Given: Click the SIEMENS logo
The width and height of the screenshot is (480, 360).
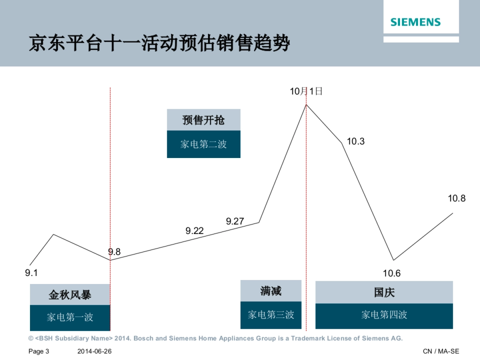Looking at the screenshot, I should tap(415, 22).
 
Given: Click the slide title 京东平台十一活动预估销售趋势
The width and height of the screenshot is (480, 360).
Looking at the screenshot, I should tap(159, 44).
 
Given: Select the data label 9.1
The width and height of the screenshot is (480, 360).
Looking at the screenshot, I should tap(31, 273).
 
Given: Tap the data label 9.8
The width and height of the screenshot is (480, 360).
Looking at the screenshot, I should tap(114, 252).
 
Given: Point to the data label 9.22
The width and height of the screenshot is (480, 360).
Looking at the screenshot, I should tap(194, 230).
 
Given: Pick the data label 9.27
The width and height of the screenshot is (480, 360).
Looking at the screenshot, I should tap(235, 221).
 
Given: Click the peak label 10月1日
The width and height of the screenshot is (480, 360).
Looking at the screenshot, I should tap(306, 91).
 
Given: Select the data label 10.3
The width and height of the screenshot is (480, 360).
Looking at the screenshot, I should tap(356, 141).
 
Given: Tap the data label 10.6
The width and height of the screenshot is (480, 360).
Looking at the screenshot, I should tap(392, 274).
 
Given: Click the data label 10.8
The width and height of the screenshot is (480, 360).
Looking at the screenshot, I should tap(456, 198).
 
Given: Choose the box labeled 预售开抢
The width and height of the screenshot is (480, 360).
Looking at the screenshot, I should tap(204, 120).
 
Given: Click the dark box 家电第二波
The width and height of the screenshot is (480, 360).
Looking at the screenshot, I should tap(204, 144).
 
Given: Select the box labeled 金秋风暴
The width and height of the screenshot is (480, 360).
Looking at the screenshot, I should tap(70, 295).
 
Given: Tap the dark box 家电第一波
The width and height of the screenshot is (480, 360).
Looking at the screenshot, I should tap(70, 318).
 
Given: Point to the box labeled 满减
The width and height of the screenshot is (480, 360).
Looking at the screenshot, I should tap(271, 291).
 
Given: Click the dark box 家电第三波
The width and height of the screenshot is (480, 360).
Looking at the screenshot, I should tap(271, 315).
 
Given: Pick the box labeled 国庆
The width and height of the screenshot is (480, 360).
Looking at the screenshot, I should tap(384, 292).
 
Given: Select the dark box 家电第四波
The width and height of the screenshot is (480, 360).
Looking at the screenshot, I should tap(384, 315).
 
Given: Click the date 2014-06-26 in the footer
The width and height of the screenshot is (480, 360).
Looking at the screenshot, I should tap(94, 351).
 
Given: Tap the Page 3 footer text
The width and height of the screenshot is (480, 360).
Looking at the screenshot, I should tap(38, 351).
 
